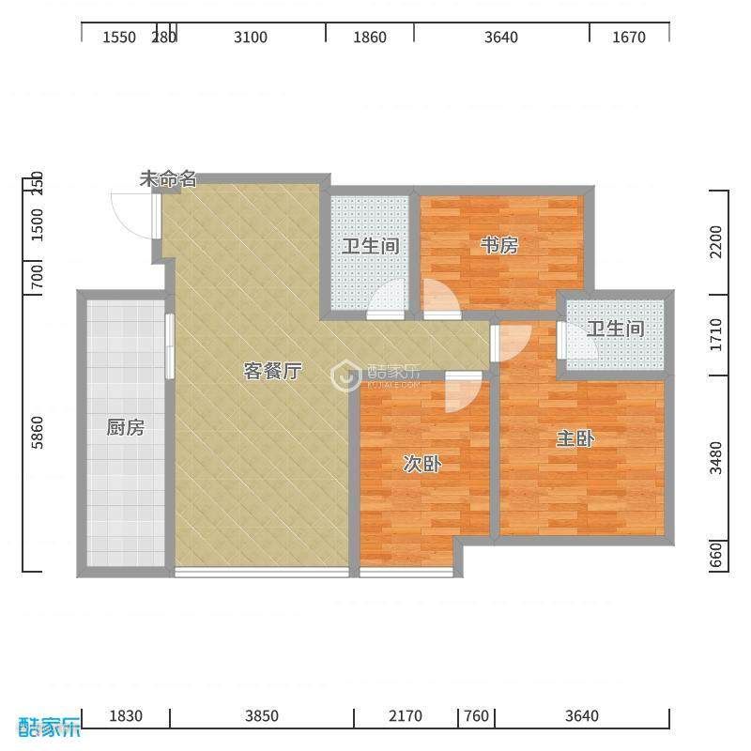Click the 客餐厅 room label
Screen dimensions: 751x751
click(x=272, y=371)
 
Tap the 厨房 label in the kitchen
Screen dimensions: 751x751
click(x=126, y=427)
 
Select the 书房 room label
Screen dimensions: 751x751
click(x=499, y=246)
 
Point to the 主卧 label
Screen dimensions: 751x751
click(x=575, y=438)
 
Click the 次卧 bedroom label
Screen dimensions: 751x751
click(x=421, y=464)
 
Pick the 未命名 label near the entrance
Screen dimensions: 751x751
click(x=168, y=179)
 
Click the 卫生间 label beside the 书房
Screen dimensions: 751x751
click(x=370, y=246)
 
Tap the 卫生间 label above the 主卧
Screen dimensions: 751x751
click(x=616, y=330)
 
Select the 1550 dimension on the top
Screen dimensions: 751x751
click(x=119, y=38)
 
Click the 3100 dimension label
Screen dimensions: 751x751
click(x=251, y=38)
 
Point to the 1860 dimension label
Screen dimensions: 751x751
click(x=370, y=38)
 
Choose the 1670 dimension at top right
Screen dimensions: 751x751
click(x=629, y=38)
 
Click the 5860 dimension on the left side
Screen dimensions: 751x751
click(x=37, y=433)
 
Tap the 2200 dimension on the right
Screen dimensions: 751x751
click(x=715, y=242)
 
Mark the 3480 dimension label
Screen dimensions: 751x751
click(x=715, y=458)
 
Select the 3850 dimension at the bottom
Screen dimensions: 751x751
click(x=262, y=716)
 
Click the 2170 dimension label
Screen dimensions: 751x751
click(x=406, y=716)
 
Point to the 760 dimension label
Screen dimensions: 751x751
click(x=477, y=716)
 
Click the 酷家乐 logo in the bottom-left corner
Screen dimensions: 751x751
click(x=49, y=727)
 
